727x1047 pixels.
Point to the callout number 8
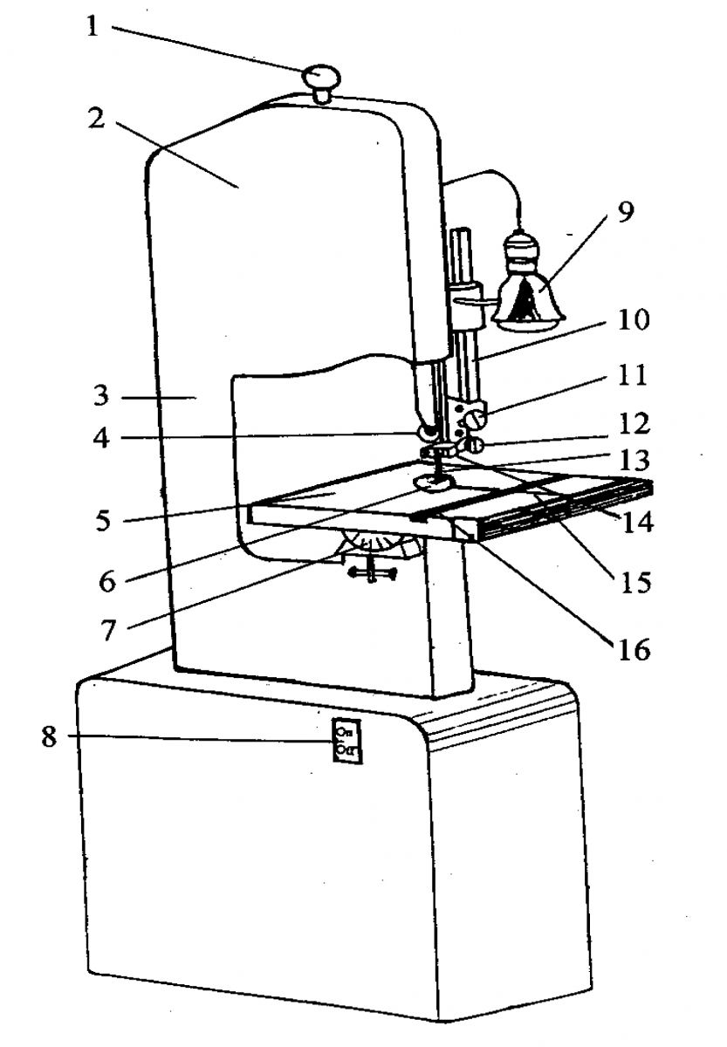[x=48, y=736]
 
